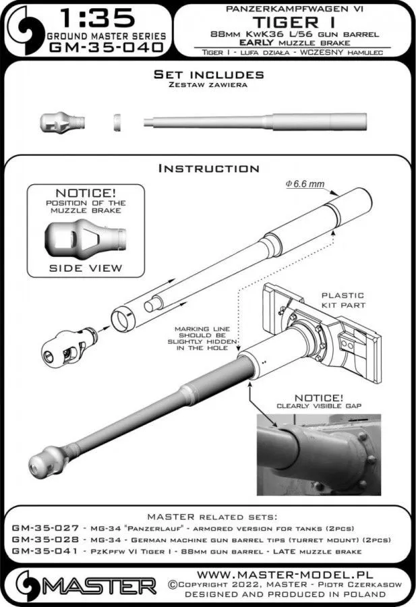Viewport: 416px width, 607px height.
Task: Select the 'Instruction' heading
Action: click(x=208, y=168)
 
